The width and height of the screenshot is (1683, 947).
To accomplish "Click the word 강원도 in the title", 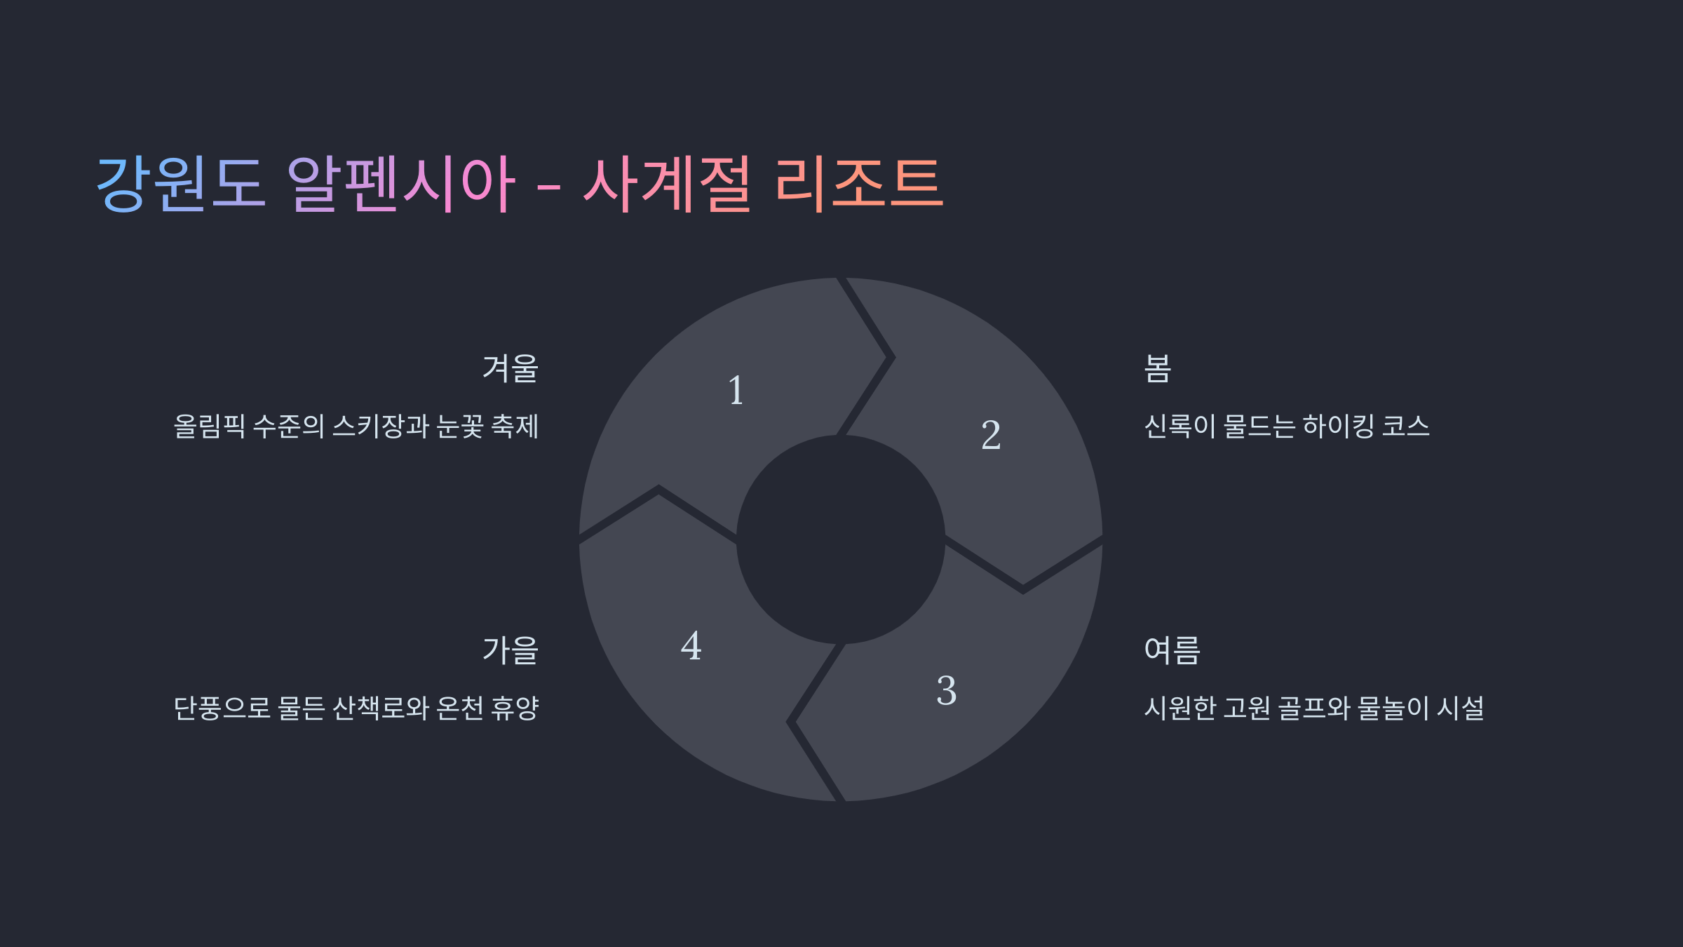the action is point(180,183).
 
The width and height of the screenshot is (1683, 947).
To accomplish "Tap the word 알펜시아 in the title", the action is point(401,183).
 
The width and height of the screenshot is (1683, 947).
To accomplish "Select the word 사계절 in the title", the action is point(667,183).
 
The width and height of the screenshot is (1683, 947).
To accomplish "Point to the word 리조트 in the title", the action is point(859,183).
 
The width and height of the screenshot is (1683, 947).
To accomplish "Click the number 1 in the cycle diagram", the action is point(736,391).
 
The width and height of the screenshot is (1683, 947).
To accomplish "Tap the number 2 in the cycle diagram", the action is point(991,435).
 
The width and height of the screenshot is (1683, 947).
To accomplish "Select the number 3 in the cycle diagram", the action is point(947,690).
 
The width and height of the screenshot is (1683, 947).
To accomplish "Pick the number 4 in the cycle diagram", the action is point(691,646).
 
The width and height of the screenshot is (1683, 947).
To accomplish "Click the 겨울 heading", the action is point(511,368).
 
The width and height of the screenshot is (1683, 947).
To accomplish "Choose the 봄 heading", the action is point(1158,368).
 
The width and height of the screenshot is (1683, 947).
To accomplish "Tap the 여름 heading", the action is point(1172,650).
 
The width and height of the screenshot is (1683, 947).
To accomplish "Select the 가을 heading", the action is point(511,650).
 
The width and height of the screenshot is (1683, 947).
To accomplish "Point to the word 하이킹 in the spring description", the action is point(1338,427).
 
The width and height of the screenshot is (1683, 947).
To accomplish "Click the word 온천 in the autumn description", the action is point(459,708).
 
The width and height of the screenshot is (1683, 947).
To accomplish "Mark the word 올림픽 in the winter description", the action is point(209,427).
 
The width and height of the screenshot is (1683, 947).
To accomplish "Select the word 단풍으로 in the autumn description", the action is point(222,708).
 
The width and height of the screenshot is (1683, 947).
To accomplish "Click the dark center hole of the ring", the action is point(841,539).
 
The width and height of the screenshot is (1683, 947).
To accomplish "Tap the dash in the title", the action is point(548,188).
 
